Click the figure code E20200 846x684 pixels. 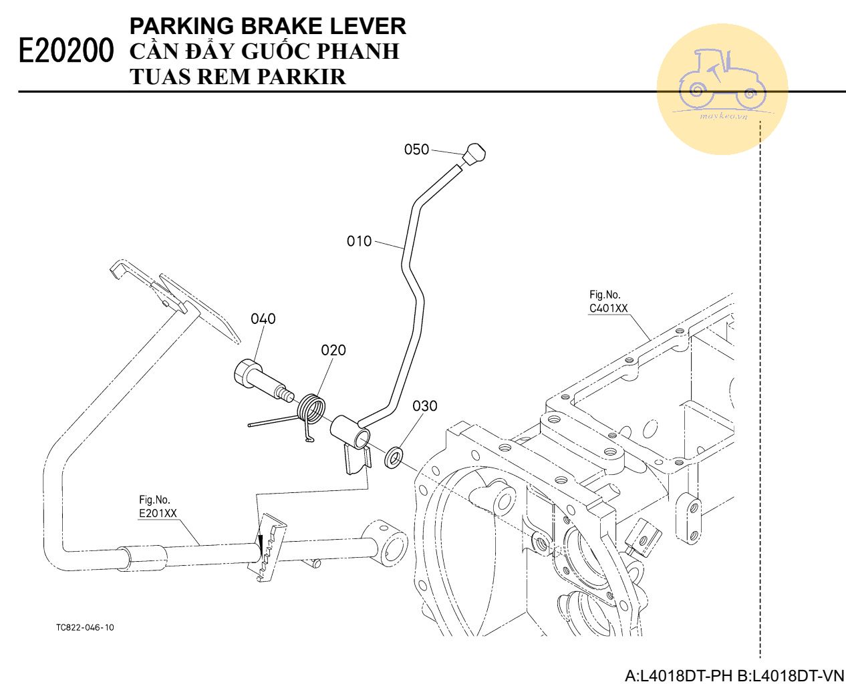tap(65, 50)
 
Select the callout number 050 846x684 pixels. tap(416, 149)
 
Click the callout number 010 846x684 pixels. tap(359, 240)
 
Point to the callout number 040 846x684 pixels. tap(263, 319)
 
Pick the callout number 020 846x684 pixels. tap(333, 350)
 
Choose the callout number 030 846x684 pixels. tap(425, 405)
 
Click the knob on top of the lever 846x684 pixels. tap(474, 154)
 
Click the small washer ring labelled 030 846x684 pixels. tap(394, 458)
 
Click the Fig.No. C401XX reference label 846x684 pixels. tap(608, 301)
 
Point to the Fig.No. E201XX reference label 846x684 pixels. tap(158, 506)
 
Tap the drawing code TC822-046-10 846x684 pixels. tap(85, 627)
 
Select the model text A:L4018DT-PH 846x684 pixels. tap(678, 675)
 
